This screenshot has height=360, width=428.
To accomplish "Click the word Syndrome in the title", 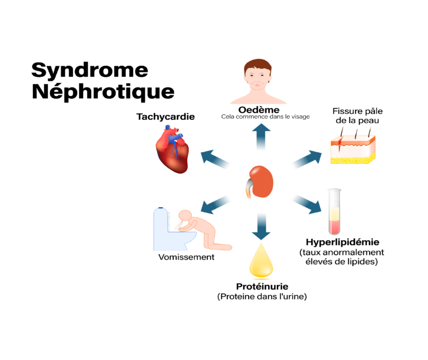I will [x=90, y=70].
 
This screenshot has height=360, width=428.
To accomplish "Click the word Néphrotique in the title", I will [x=103, y=91].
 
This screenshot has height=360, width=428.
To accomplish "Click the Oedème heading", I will [x=259, y=109].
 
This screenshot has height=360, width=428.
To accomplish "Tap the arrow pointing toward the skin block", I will [x=305, y=158].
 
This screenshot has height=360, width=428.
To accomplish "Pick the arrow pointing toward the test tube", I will [x=307, y=204].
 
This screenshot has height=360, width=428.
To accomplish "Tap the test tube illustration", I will [x=334, y=211].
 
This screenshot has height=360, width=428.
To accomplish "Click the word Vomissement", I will [x=186, y=257].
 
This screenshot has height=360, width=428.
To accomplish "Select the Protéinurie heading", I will [x=261, y=286].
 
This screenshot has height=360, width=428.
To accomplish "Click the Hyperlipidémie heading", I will [x=342, y=242].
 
